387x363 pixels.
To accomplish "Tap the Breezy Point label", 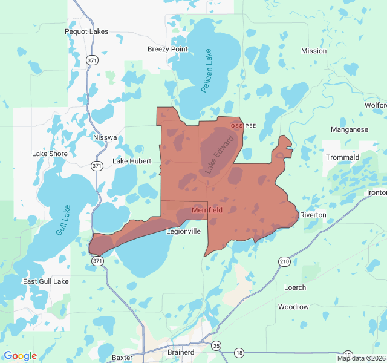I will tap(167, 49).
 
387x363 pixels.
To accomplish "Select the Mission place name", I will tap(313, 51).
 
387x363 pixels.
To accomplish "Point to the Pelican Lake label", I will tap(207, 70).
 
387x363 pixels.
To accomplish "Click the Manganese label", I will tap(349, 129).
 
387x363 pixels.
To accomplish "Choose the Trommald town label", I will tap(342, 157).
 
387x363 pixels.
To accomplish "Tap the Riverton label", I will tap(313, 215).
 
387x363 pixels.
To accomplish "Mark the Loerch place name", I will tap(295, 287).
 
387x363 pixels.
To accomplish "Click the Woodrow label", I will tap(293, 307).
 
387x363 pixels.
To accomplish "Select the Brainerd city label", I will tap(180, 352).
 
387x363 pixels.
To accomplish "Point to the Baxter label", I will tap(122, 357).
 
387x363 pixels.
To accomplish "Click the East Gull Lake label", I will tap(45, 281).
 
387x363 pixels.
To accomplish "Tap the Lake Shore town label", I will tap(50, 154).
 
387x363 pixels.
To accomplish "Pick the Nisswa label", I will tap(105, 137).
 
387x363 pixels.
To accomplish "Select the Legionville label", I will tap(183, 231).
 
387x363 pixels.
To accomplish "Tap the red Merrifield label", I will tap(207, 210).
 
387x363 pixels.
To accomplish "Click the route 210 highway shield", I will tap(284, 261).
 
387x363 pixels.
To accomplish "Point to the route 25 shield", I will tap(216, 345).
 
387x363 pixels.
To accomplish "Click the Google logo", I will tap(20, 356).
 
